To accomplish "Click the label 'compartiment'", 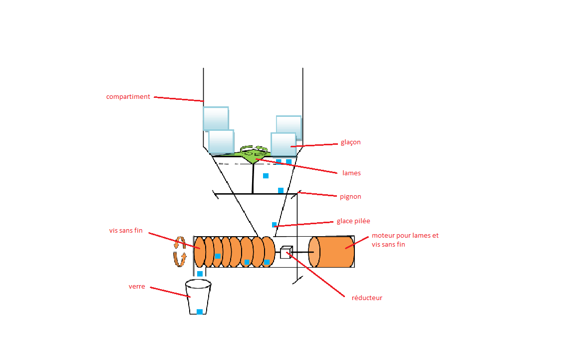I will coord(128,97).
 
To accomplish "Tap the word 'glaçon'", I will coord(350,142).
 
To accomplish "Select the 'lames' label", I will coord(351,173).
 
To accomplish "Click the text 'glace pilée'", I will coord(353,221).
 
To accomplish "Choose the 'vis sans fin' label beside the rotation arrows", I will coord(126,231).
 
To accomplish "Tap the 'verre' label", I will coord(137,287).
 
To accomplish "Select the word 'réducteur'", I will coord(367,298).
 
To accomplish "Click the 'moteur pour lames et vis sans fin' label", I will coord(405,240).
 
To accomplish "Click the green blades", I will coord(254,153).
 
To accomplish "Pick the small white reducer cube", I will coord(286,253).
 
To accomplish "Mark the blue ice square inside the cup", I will coord(200,312).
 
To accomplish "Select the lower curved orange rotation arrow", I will coord(180,259).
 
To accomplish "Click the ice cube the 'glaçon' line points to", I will coord(284,144).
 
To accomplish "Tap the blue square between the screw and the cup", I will coord(200,274).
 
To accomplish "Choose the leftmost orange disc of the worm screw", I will coord(199,252).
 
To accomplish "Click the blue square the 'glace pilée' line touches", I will coord(274,225).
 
